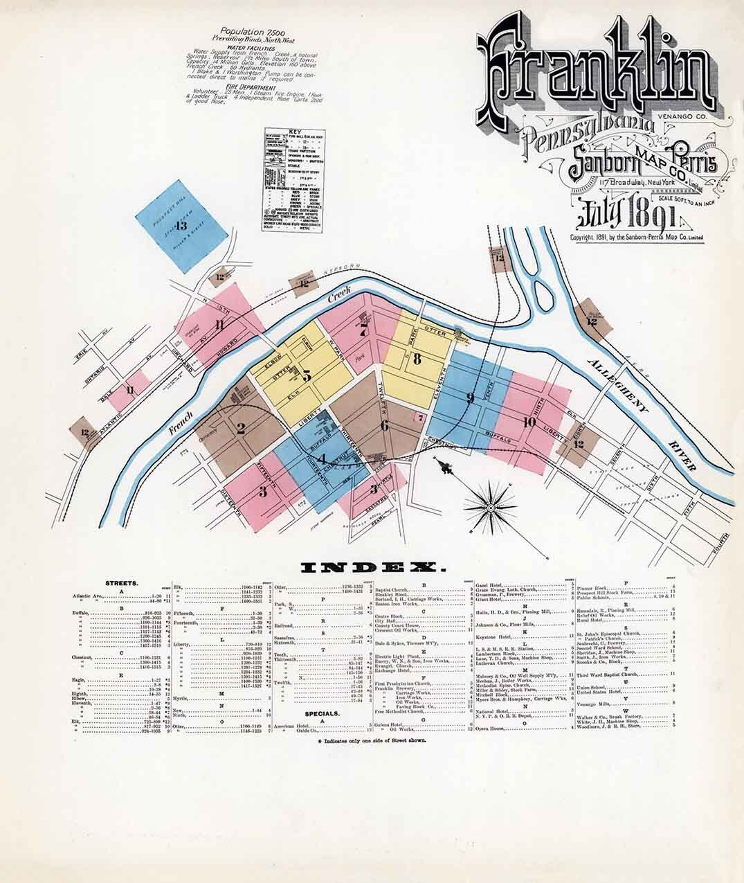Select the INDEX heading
tap(372, 569)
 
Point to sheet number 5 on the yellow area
tap(306, 375)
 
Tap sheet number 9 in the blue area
tap(470, 398)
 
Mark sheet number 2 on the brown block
tap(240, 427)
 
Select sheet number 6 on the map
tap(384, 425)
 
